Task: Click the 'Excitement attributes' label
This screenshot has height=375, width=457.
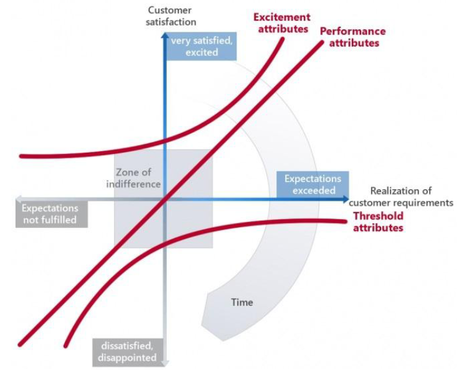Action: pyautogui.click(x=281, y=23)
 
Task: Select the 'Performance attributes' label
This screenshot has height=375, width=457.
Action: pyautogui.click(x=353, y=37)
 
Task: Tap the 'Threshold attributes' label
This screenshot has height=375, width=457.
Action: pyautogui.click(x=379, y=222)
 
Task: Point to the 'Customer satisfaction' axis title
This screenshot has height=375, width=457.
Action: pyautogui.click(x=170, y=16)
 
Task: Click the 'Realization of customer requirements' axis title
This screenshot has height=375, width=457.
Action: pyautogui.click(x=401, y=197)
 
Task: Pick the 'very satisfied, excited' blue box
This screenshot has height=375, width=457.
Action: pyautogui.click(x=201, y=46)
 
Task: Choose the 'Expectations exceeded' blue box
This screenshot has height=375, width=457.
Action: pyautogui.click(x=313, y=184)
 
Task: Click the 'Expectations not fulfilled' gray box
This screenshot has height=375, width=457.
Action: pyautogui.click(x=52, y=214)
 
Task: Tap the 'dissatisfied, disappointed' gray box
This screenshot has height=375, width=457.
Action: pyautogui.click(x=128, y=352)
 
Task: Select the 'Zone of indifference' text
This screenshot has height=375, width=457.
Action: pyautogui.click(x=133, y=178)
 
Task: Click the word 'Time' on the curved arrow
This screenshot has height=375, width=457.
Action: pyautogui.click(x=242, y=302)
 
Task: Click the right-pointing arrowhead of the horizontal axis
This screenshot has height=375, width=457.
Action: pyautogui.click(x=346, y=199)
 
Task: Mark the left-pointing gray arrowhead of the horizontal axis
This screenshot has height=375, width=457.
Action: pyautogui.click(x=18, y=199)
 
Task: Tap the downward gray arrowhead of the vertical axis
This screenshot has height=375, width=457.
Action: pyautogui.click(x=165, y=363)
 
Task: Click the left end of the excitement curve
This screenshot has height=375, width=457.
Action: pyautogui.click(x=21, y=156)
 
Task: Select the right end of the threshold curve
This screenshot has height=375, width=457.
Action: pyautogui.click(x=346, y=222)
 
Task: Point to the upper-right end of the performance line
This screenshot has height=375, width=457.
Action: pyautogui.click(x=322, y=42)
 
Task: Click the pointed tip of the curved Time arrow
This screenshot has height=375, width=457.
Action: pyautogui.click(x=224, y=341)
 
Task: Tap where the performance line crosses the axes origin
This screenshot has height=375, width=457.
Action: pyautogui.click(x=165, y=200)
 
